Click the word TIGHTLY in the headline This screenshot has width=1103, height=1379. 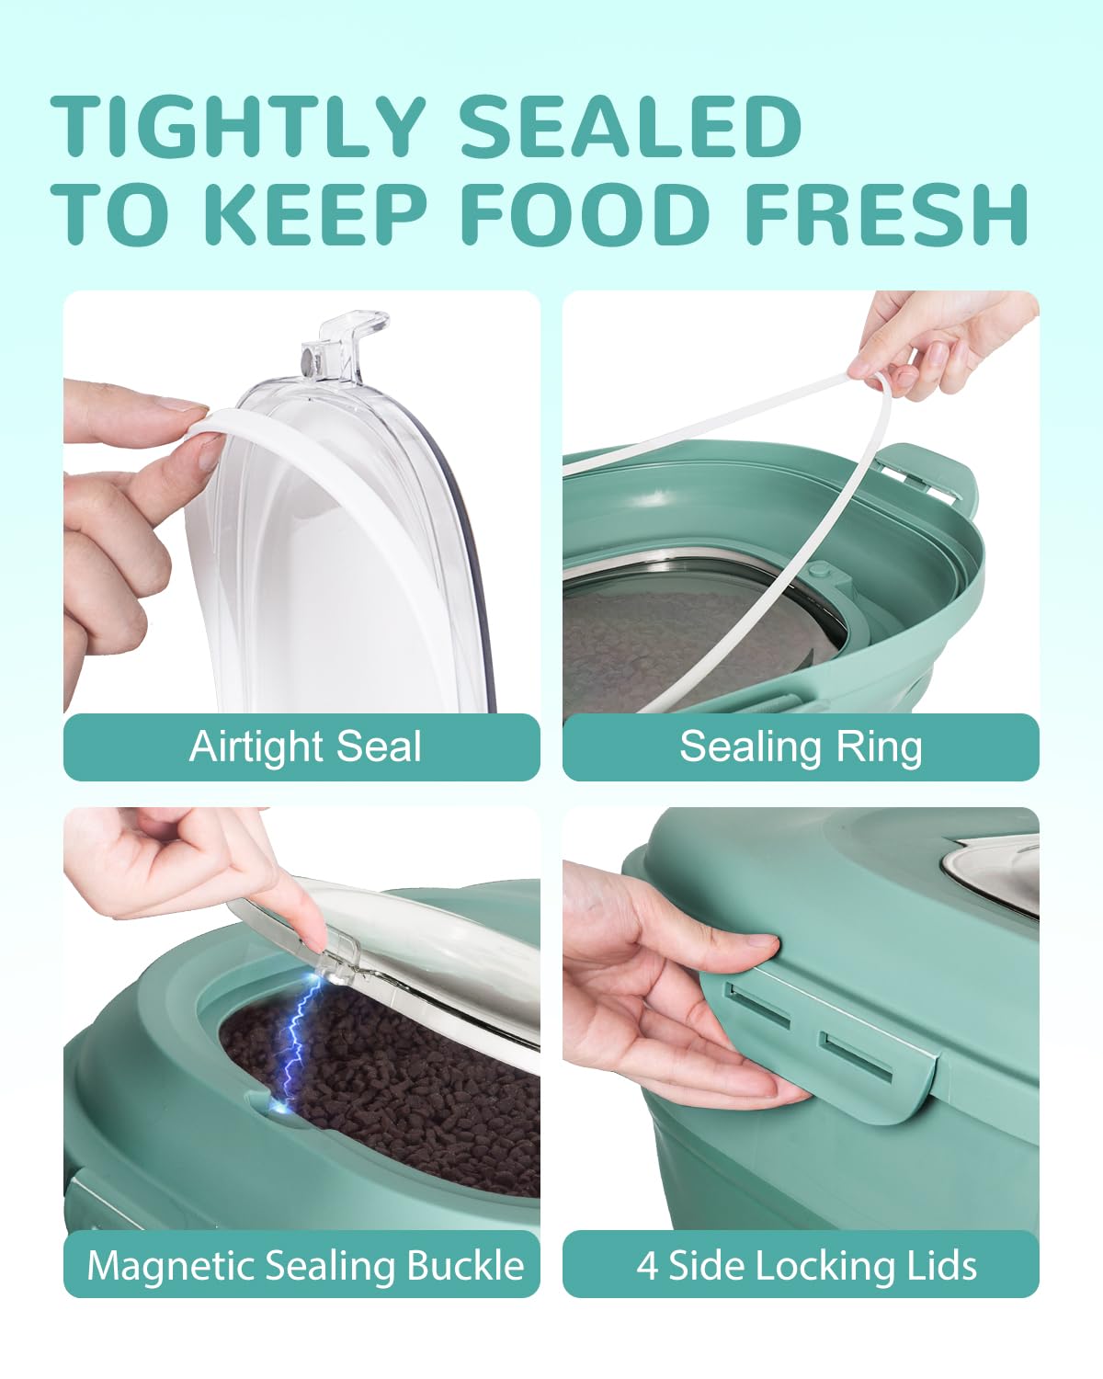coord(237,126)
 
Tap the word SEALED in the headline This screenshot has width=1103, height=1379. coord(631,126)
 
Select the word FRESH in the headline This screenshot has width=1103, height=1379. coord(887,214)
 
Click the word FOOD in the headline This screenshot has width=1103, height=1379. coord(586,214)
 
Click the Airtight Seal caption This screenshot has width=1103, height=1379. coord(305,746)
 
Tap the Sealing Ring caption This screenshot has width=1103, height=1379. coord(801,747)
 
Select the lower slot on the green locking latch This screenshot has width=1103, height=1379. coord(857,1057)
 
